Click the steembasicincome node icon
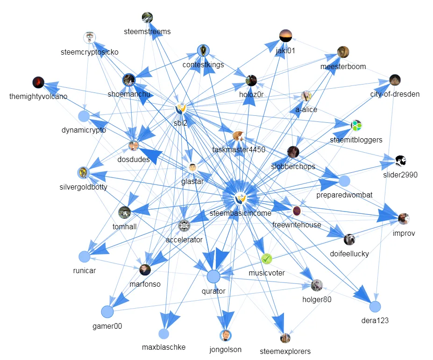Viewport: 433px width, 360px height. click(x=240, y=198)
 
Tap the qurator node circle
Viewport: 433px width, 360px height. click(x=213, y=276)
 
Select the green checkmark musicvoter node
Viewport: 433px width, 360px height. click(x=266, y=258)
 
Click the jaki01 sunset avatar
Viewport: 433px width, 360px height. click(x=285, y=35)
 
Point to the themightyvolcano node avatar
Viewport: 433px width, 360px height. click(x=38, y=83)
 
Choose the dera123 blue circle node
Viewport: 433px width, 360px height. click(x=375, y=307)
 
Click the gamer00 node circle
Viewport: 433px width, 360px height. click(x=107, y=311)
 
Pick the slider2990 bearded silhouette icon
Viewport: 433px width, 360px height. click(x=400, y=161)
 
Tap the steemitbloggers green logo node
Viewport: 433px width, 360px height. click(x=356, y=125)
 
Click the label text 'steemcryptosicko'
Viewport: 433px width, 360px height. click(x=89, y=52)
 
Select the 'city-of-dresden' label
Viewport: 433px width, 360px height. click(x=395, y=94)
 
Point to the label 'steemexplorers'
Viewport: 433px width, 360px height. click(x=285, y=351)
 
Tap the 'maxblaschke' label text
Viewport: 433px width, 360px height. click(x=163, y=347)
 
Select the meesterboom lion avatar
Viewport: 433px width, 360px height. click(x=343, y=52)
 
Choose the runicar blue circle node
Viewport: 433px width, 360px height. click(x=84, y=256)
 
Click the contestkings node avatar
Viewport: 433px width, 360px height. click(x=203, y=50)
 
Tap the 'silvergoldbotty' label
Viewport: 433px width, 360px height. click(x=84, y=187)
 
